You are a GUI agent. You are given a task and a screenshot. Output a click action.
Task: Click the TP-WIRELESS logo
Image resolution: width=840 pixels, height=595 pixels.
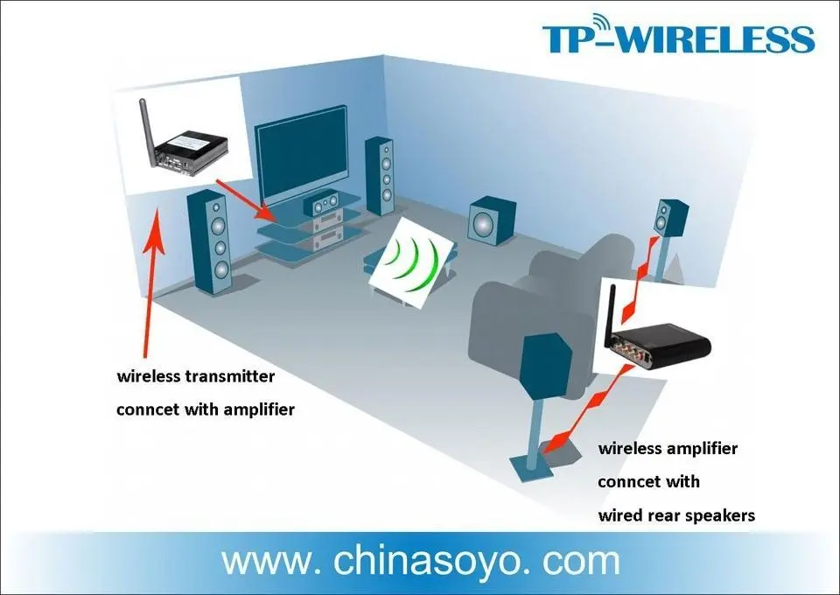tap(678, 34)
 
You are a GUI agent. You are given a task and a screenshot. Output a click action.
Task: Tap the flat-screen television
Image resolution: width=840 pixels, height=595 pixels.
tap(302, 155)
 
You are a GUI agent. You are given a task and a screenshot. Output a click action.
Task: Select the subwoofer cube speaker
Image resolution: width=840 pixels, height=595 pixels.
tap(491, 220)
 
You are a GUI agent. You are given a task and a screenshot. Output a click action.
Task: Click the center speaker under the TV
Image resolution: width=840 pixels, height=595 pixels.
tap(321, 204)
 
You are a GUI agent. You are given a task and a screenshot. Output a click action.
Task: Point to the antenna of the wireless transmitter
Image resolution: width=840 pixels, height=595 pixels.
tap(146, 128)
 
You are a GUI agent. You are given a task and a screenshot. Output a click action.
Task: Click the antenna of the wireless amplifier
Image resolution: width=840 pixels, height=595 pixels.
tap(610, 315)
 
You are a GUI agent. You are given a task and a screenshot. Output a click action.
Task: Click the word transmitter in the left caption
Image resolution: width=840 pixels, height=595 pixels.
tap(229, 376)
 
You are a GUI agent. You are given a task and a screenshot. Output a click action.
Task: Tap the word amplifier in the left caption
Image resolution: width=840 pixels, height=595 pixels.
tap(259, 409)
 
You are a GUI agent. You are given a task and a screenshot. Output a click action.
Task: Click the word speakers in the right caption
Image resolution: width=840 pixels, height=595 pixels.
tap(717, 515)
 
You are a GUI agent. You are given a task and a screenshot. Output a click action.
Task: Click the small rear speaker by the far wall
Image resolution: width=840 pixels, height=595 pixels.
tap(670, 218)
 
